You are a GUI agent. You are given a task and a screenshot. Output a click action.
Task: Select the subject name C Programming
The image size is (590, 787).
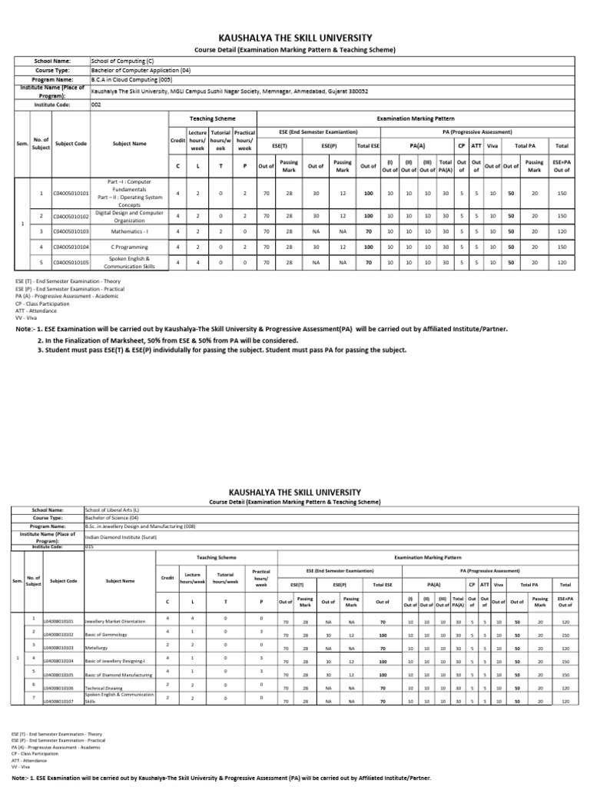[x=128, y=247]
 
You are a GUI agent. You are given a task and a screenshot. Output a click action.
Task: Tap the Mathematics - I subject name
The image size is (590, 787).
[x=128, y=231]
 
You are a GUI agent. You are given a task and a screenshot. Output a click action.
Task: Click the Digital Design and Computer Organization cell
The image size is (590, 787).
[x=128, y=216]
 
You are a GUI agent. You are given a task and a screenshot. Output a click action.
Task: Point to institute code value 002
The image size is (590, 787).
[x=96, y=104]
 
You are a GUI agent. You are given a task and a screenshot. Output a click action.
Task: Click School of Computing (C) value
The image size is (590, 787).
[x=122, y=60]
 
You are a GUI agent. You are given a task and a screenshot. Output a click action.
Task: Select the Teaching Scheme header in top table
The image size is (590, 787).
[x=212, y=119]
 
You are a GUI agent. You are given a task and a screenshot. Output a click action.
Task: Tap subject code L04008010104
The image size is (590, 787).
[x=63, y=661]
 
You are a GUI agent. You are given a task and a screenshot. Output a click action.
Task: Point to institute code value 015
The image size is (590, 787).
[x=89, y=547]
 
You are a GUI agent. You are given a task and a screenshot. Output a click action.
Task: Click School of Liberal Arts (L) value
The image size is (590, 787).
[x=114, y=510]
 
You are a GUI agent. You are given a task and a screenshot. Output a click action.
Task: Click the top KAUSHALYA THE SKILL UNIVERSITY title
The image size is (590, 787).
[x=296, y=38]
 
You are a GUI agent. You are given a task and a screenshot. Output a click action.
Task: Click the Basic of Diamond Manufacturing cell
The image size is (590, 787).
[x=119, y=674]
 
